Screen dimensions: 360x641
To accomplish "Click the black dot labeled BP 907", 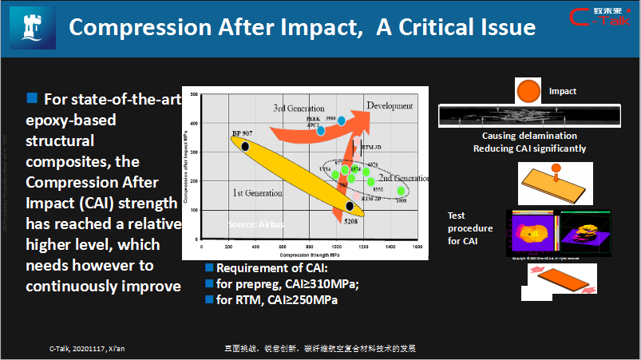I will (245, 146).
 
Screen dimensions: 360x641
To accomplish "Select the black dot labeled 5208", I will (350, 207).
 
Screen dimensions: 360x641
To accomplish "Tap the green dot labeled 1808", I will (401, 191).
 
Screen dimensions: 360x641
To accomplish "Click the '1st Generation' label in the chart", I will (257, 193).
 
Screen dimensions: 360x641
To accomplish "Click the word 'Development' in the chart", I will (390, 105).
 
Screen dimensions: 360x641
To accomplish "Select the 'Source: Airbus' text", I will (255, 224).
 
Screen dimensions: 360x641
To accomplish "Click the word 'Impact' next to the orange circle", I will (562, 92).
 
